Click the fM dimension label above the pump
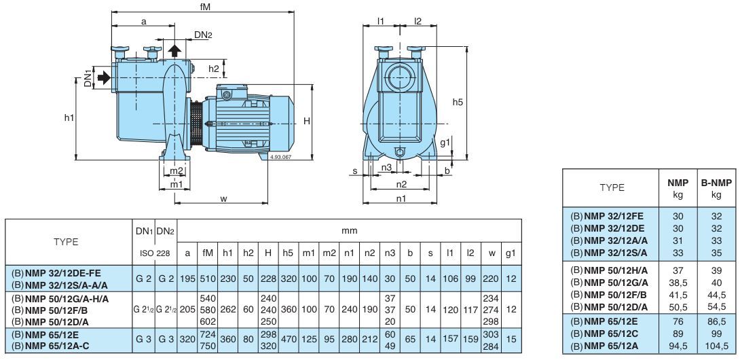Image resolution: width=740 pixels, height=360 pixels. point(202,6)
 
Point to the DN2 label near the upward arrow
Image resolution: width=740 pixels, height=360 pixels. point(203,35)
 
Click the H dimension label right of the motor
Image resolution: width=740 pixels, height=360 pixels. point(307,121)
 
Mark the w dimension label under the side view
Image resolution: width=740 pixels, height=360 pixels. point(223,198)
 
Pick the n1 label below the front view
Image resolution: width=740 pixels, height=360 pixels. point(401,198)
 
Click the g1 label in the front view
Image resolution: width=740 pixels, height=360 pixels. point(444,143)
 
